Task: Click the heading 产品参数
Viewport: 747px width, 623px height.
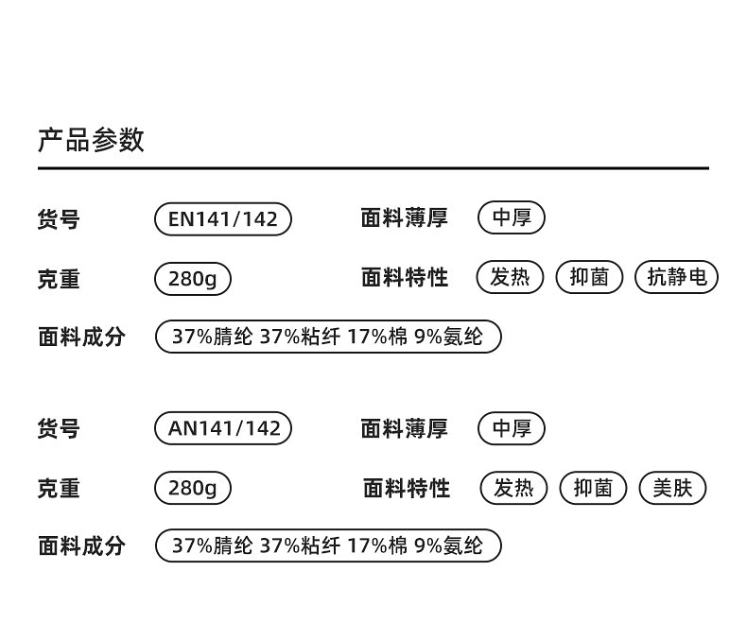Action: click(x=91, y=140)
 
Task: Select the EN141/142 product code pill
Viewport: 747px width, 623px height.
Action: click(x=223, y=219)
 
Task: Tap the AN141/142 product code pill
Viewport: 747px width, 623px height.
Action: click(x=224, y=428)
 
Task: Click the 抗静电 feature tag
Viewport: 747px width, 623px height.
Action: click(x=677, y=277)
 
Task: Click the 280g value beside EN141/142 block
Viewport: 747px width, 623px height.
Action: click(x=193, y=279)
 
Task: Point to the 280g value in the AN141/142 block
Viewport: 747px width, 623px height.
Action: click(x=193, y=488)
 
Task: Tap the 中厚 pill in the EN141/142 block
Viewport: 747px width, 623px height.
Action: click(x=512, y=218)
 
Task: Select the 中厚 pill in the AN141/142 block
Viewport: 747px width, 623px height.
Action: click(x=512, y=428)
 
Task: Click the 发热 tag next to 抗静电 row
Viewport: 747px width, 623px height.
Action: click(x=511, y=277)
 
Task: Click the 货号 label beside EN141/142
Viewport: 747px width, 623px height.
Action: click(x=59, y=219)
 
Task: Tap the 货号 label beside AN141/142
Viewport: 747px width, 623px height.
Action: click(x=59, y=429)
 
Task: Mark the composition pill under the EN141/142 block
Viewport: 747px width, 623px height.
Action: click(x=327, y=337)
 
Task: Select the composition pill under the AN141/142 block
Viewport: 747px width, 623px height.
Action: click(x=327, y=545)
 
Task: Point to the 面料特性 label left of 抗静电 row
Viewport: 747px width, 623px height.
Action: click(x=405, y=278)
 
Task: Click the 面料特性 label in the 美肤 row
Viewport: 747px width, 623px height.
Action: click(x=407, y=488)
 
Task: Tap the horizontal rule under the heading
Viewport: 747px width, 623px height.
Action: click(x=373, y=168)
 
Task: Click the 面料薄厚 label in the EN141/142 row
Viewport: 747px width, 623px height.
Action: click(x=405, y=218)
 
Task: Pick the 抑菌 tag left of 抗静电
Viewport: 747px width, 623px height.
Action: click(x=589, y=277)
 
